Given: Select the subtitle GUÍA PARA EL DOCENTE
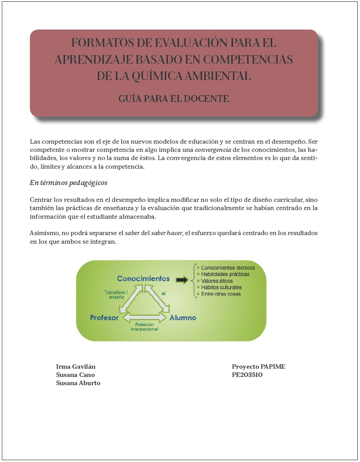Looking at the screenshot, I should click(173, 98).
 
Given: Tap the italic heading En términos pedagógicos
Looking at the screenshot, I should click(68, 183).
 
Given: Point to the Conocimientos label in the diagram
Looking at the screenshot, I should click(143, 278).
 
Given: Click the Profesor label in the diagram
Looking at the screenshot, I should click(104, 317).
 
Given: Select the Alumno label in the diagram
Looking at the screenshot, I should click(183, 317).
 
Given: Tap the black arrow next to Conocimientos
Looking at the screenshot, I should click(182, 280).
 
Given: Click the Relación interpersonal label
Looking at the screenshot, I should click(144, 326).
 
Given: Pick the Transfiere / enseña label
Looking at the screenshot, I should click(116, 295).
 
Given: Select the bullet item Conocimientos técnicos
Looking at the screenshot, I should click(228, 268).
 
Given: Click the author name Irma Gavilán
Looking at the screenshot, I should click(76, 367).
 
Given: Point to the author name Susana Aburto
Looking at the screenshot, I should click(78, 383).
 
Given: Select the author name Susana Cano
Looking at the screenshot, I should click(75, 375).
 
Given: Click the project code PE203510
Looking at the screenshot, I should click(247, 375).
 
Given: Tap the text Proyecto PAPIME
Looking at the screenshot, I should click(259, 367).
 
